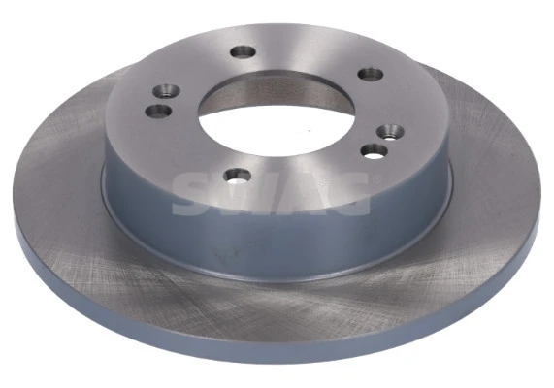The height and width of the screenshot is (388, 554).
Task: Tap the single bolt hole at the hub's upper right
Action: [x=368, y=73]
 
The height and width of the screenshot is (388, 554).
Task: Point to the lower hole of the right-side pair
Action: [x=373, y=149]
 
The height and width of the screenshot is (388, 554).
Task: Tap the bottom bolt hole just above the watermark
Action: [x=237, y=176]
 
